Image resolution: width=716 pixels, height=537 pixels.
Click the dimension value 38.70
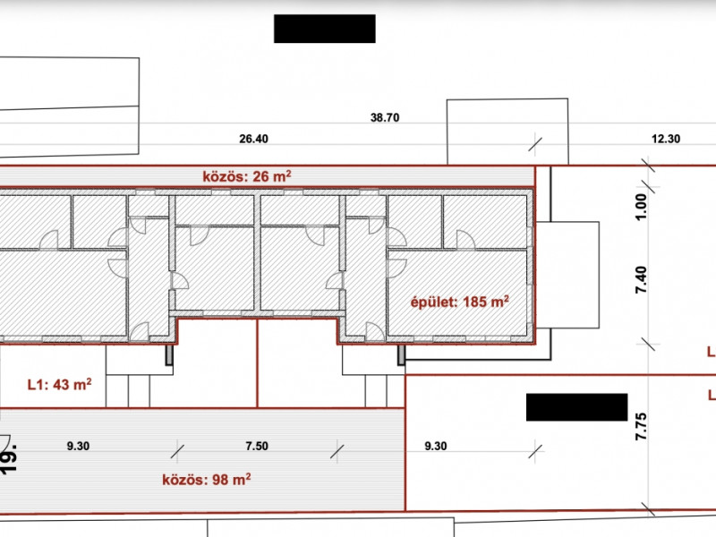385,118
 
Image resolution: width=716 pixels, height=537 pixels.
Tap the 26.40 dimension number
253,139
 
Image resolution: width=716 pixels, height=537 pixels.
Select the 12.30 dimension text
666,139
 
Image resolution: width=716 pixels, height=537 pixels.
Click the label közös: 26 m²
247,176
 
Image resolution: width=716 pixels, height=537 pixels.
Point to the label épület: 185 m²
460,302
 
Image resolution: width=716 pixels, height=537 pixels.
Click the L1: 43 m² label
59,385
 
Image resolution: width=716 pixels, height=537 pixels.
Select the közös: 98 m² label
207,480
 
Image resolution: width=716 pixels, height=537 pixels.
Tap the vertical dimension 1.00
641,208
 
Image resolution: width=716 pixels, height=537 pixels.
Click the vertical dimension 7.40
641,279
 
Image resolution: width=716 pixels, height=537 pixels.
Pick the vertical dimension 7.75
641,427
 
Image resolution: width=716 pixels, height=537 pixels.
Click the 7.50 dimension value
257,446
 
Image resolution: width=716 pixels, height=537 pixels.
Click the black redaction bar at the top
325,29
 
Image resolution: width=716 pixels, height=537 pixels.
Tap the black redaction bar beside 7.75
576,407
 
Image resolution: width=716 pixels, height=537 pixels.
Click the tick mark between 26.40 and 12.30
535,145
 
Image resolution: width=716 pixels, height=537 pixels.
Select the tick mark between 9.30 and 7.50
177,452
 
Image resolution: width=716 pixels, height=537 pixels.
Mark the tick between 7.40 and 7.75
648,345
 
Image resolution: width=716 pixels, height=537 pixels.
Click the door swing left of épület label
396,268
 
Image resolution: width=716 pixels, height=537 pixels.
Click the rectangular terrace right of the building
567,275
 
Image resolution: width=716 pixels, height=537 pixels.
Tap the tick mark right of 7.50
337,452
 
